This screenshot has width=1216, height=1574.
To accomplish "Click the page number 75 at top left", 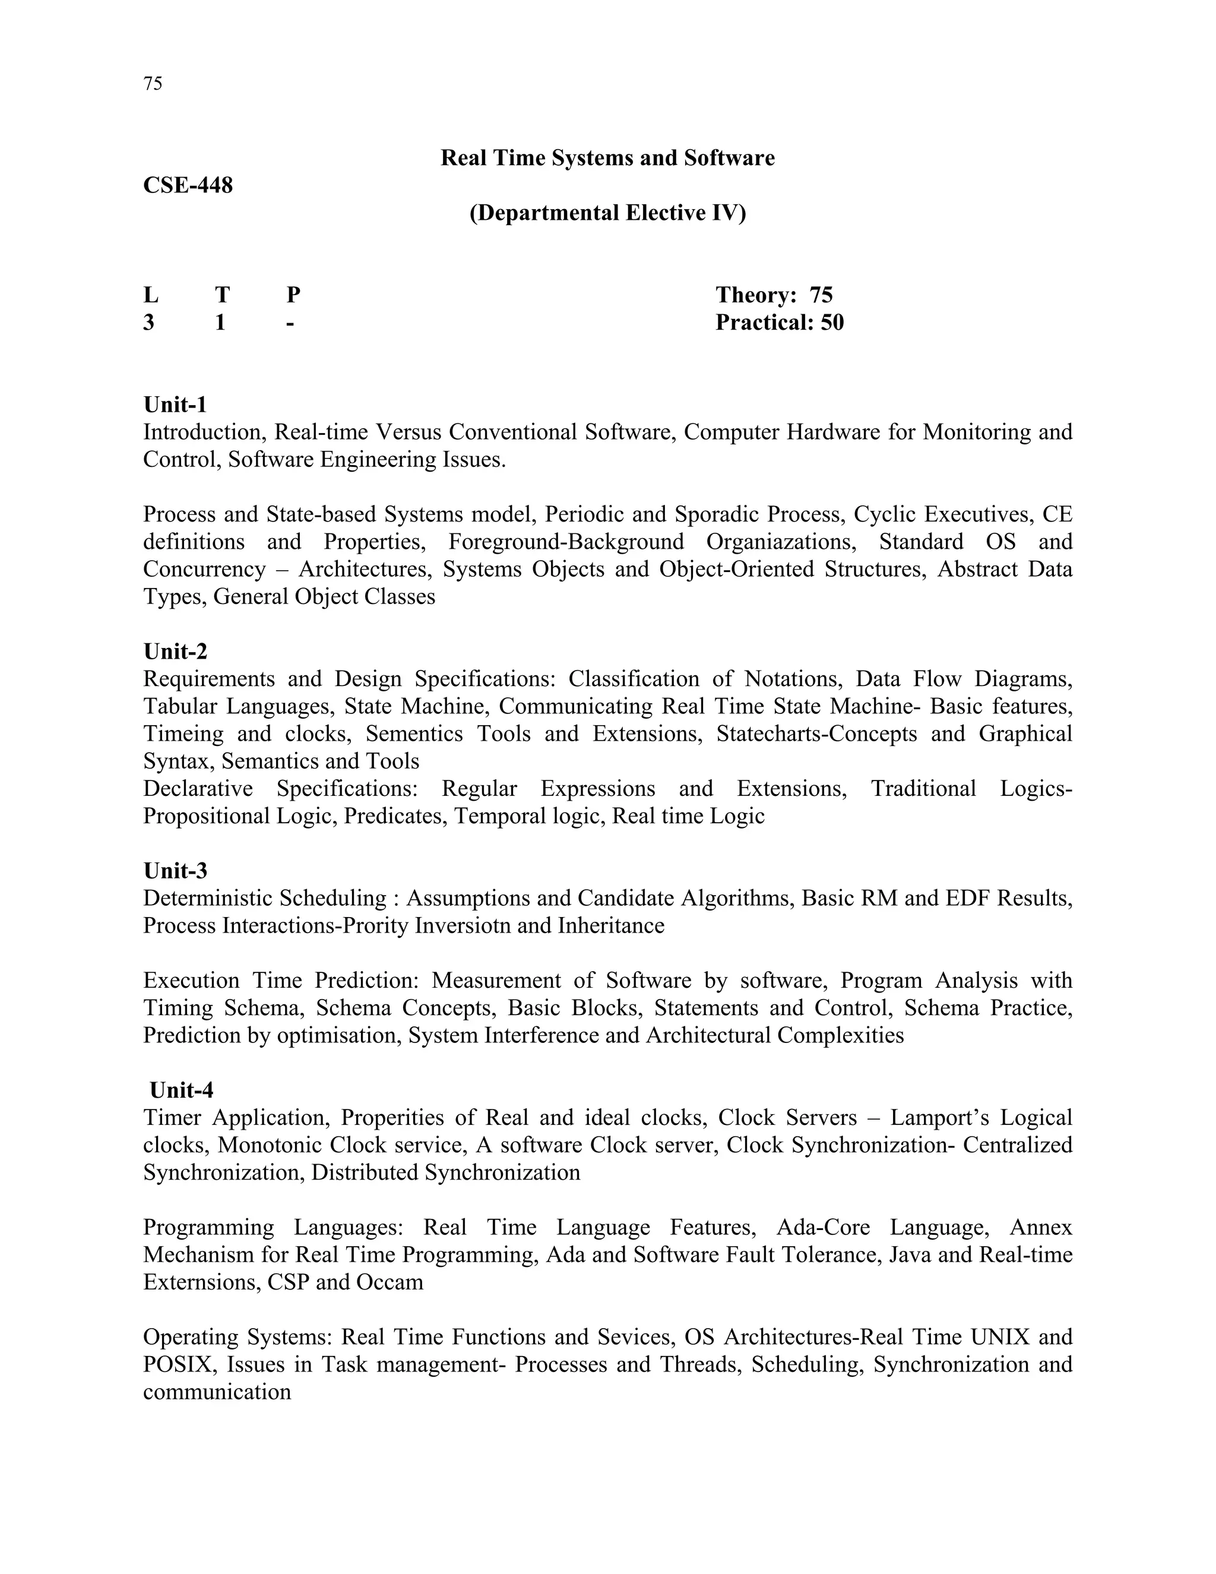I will pyautogui.click(x=153, y=84).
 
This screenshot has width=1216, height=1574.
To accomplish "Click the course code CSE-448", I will pyautogui.click(x=188, y=185).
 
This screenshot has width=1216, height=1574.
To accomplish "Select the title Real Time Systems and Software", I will pyautogui.click(x=607, y=158).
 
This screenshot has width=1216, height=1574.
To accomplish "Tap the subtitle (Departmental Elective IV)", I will pyautogui.click(x=607, y=213).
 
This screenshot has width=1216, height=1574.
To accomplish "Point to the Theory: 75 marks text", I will pyautogui.click(x=774, y=295).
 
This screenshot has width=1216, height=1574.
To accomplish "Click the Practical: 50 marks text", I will pyautogui.click(x=779, y=322).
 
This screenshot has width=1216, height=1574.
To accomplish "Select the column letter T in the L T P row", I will pyautogui.click(x=222, y=295).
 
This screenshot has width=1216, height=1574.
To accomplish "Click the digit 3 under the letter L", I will pyautogui.click(x=148, y=322).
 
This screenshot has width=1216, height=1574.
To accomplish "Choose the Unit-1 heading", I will pyautogui.click(x=175, y=404).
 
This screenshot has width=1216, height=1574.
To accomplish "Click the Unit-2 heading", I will pyautogui.click(x=175, y=652).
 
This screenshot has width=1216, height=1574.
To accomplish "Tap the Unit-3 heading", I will pyautogui.click(x=175, y=871).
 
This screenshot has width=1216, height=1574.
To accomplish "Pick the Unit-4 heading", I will pyautogui.click(x=181, y=1090).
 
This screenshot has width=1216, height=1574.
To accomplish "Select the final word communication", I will pyautogui.click(x=217, y=1392).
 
